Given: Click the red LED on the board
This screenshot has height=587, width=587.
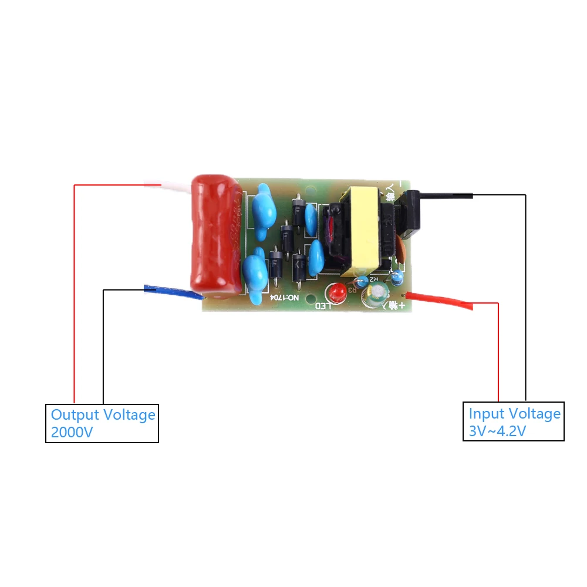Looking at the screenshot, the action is pyautogui.click(x=338, y=291).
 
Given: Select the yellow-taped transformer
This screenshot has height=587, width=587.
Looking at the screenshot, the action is pyautogui.click(x=359, y=230).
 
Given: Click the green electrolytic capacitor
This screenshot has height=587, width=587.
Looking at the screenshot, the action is pyautogui.click(x=373, y=295).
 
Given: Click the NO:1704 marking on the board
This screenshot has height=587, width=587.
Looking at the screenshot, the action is pyautogui.click(x=285, y=298).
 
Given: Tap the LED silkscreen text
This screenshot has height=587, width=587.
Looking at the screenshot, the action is pyautogui.click(x=325, y=306).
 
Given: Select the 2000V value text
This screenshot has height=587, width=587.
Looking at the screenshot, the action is pyautogui.click(x=72, y=433).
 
